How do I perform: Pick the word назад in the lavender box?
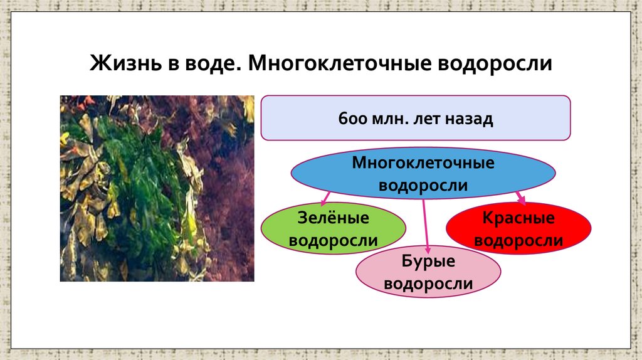coord(468,118)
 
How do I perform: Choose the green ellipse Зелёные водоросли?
coord(333,228)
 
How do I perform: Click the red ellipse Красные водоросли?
coord(518,228)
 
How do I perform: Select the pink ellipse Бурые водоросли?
coord(428,272)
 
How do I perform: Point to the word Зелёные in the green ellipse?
coord(333,218)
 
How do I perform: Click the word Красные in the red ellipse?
coord(518,218)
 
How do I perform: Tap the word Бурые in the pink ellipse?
coord(428,262)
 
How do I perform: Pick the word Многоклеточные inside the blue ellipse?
coord(423,164)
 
